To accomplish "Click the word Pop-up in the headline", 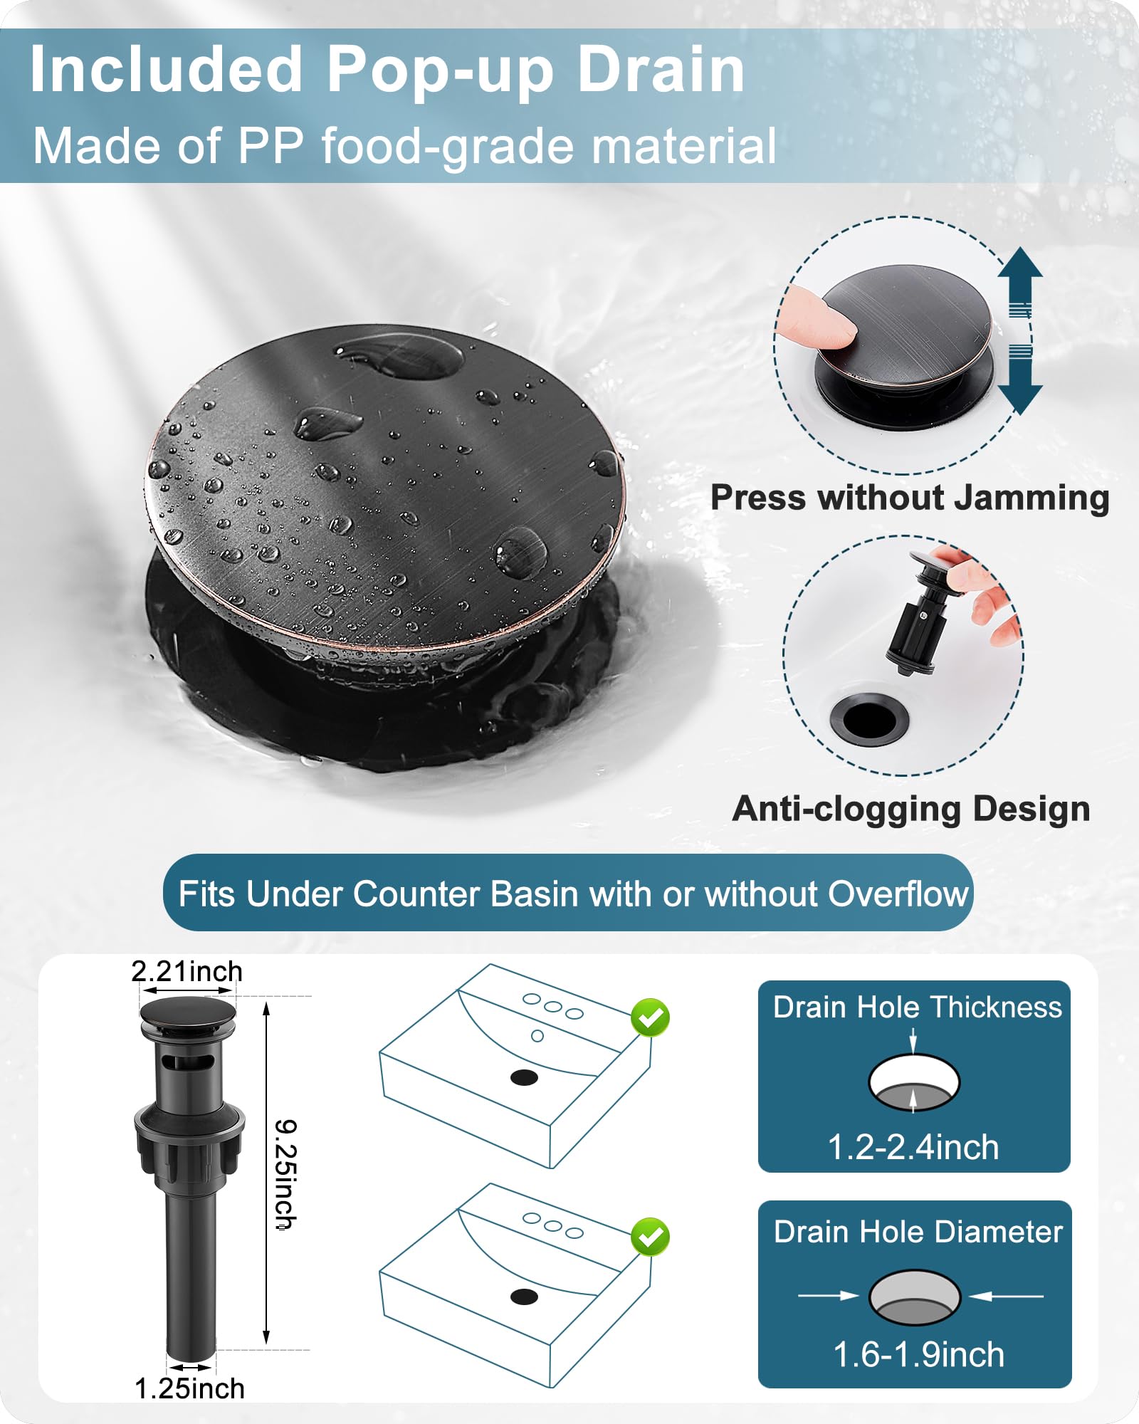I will pos(439,70).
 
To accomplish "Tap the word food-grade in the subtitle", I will pos(446,146).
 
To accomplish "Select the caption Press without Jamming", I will pos(910,498).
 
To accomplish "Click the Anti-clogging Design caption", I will pos(911,809).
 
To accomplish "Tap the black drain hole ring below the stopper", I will pos(869,720).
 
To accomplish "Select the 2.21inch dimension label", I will pos(187,972).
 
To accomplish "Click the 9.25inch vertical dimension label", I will pos(286,1173).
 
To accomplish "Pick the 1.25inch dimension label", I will pos(189,1389).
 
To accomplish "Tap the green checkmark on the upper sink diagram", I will pos(650,1018).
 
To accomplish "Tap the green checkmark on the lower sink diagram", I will pos(650,1237).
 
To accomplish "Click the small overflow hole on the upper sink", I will pos(537,1036).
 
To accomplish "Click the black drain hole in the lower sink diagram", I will pos(524,1297).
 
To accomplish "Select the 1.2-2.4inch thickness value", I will pos(913,1148).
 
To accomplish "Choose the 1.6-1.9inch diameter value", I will pos(918,1354).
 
